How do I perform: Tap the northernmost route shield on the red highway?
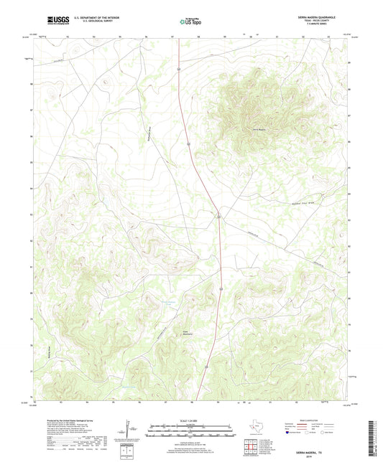(x=178, y=68)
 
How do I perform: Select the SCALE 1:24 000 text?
(x=191, y=422)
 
